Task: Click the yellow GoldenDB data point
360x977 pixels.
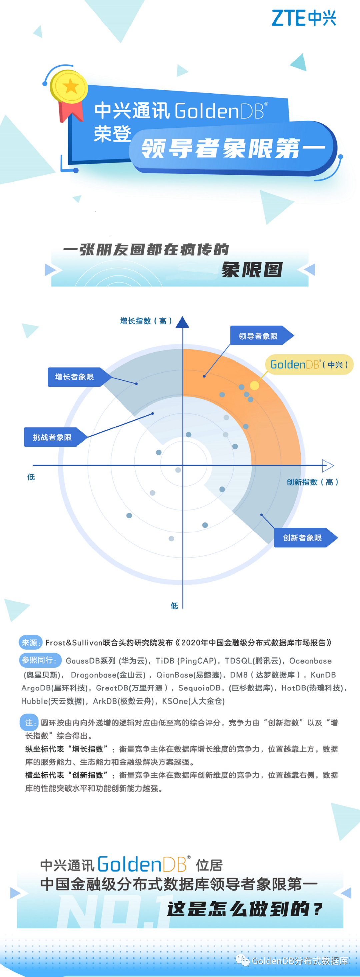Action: coord(255,385)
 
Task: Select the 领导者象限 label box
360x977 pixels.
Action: coord(262,336)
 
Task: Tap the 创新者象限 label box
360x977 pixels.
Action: coord(306,538)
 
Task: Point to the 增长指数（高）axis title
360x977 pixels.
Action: coord(146,321)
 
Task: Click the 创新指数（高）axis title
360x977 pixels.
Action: coord(312,482)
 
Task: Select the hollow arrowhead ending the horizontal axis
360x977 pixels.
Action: coord(328,465)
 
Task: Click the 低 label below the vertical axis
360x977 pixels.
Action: coord(174,606)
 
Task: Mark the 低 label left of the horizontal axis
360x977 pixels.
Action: coord(31,477)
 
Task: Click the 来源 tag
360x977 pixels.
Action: coord(31,642)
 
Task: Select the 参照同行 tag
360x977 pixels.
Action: coord(40,660)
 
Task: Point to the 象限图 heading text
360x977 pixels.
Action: coord(252,270)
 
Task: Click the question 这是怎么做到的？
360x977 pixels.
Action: coord(245,909)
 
